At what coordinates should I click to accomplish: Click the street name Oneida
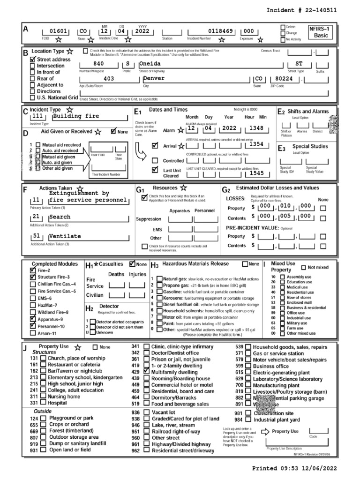point(150,63)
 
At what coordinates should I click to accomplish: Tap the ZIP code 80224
point(285,79)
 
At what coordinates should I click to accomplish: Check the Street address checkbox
point(32,60)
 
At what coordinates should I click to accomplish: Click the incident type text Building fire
point(76,116)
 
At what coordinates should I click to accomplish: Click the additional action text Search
point(60,217)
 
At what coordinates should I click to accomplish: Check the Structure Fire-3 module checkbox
point(32,277)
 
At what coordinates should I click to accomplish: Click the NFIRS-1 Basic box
point(321,31)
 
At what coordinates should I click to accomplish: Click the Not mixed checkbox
point(304,267)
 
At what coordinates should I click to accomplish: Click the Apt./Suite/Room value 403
point(109,79)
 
